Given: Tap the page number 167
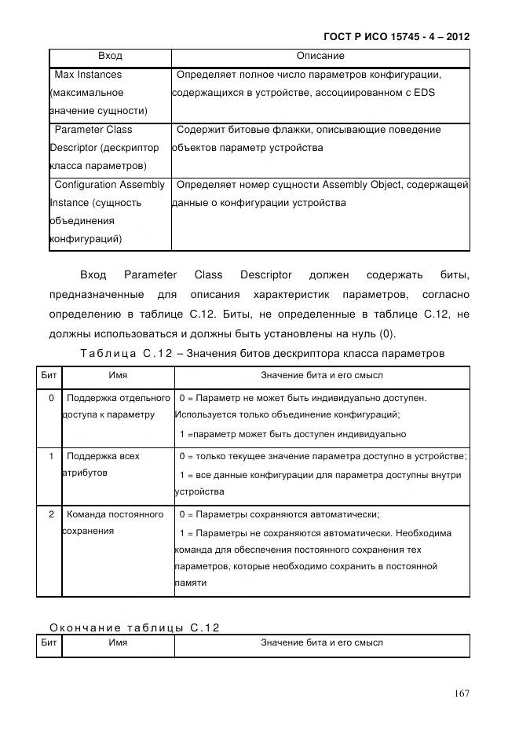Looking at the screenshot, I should click(461, 693).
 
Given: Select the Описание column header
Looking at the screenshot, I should click(320, 57).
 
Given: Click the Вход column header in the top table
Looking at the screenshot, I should click(110, 57).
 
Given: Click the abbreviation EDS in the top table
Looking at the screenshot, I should click(425, 93).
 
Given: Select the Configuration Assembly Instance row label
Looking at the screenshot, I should click(108, 212).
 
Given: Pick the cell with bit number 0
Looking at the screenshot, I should click(51, 398).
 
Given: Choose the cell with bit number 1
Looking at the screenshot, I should click(51, 456).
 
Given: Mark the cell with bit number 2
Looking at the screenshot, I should click(51, 514).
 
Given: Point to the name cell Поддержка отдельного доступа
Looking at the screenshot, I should click(115, 407).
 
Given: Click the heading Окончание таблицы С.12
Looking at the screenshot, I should click(134, 627).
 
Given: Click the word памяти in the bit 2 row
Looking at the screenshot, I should click(191, 583).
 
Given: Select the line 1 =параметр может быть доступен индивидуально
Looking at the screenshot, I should click(292, 434).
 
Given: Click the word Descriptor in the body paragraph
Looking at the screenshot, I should click(265, 275).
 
